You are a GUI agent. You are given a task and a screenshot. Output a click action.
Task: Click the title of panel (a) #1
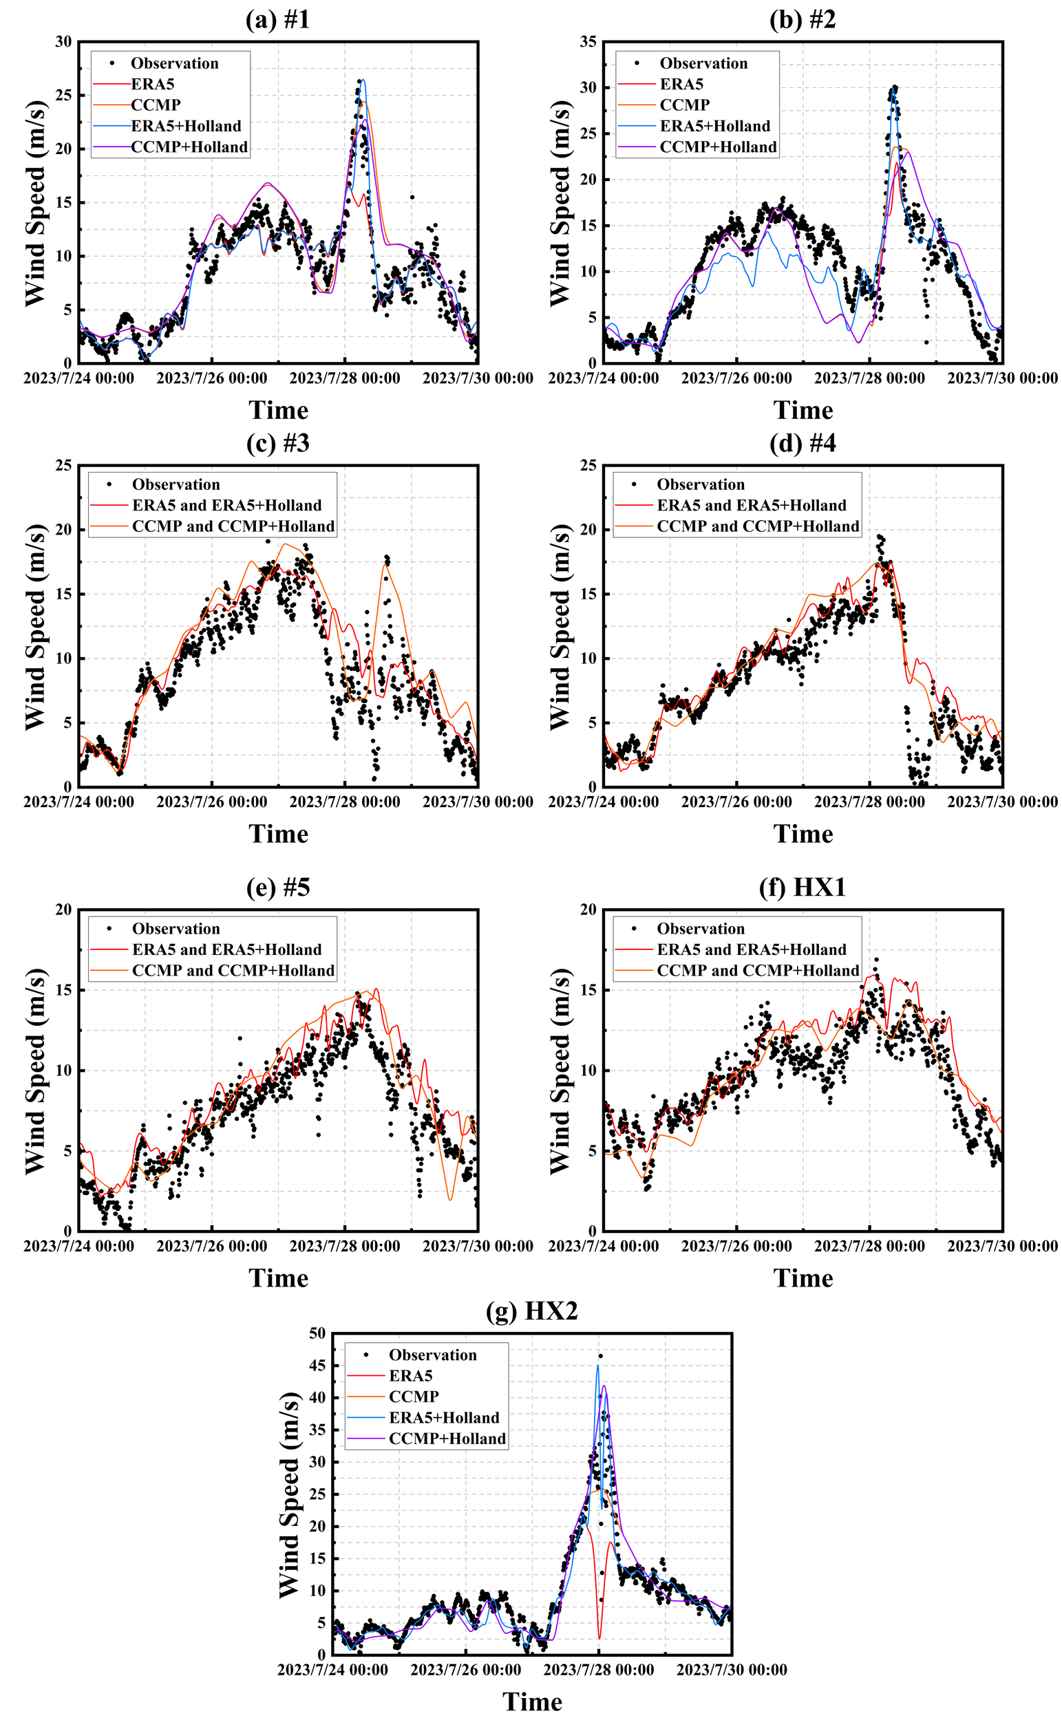[x=277, y=20]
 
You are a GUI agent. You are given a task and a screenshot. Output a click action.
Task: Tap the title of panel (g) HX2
[x=532, y=1310]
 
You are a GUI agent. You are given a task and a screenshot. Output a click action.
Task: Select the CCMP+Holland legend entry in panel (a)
[x=189, y=147]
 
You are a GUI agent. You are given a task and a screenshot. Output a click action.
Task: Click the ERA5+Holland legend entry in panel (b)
[x=714, y=126]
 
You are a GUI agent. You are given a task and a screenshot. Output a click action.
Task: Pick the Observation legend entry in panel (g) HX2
[x=432, y=1354]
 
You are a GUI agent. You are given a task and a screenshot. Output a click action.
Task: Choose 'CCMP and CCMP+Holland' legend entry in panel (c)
[x=233, y=526]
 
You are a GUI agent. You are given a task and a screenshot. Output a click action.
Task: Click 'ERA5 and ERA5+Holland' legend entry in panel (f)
[x=751, y=949]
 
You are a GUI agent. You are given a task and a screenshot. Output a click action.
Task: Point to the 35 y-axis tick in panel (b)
[x=588, y=42]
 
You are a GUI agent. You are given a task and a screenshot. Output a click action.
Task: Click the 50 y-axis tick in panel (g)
[x=317, y=1333]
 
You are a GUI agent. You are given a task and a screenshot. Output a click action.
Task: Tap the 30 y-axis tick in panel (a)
[x=63, y=42]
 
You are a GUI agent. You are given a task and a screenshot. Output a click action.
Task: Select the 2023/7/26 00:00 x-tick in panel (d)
[x=736, y=802]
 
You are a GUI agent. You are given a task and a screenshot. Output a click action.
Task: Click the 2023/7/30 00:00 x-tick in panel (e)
[x=478, y=1246]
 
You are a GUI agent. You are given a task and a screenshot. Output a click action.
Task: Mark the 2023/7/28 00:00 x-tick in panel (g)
[x=598, y=1670]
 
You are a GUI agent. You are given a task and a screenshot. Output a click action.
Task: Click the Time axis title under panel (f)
[x=803, y=1278]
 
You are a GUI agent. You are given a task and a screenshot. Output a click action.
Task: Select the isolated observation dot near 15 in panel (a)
[x=412, y=197]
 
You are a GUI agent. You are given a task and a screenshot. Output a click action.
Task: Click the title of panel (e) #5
[x=277, y=888]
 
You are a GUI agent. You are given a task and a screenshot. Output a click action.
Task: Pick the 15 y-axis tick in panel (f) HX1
[x=588, y=990]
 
